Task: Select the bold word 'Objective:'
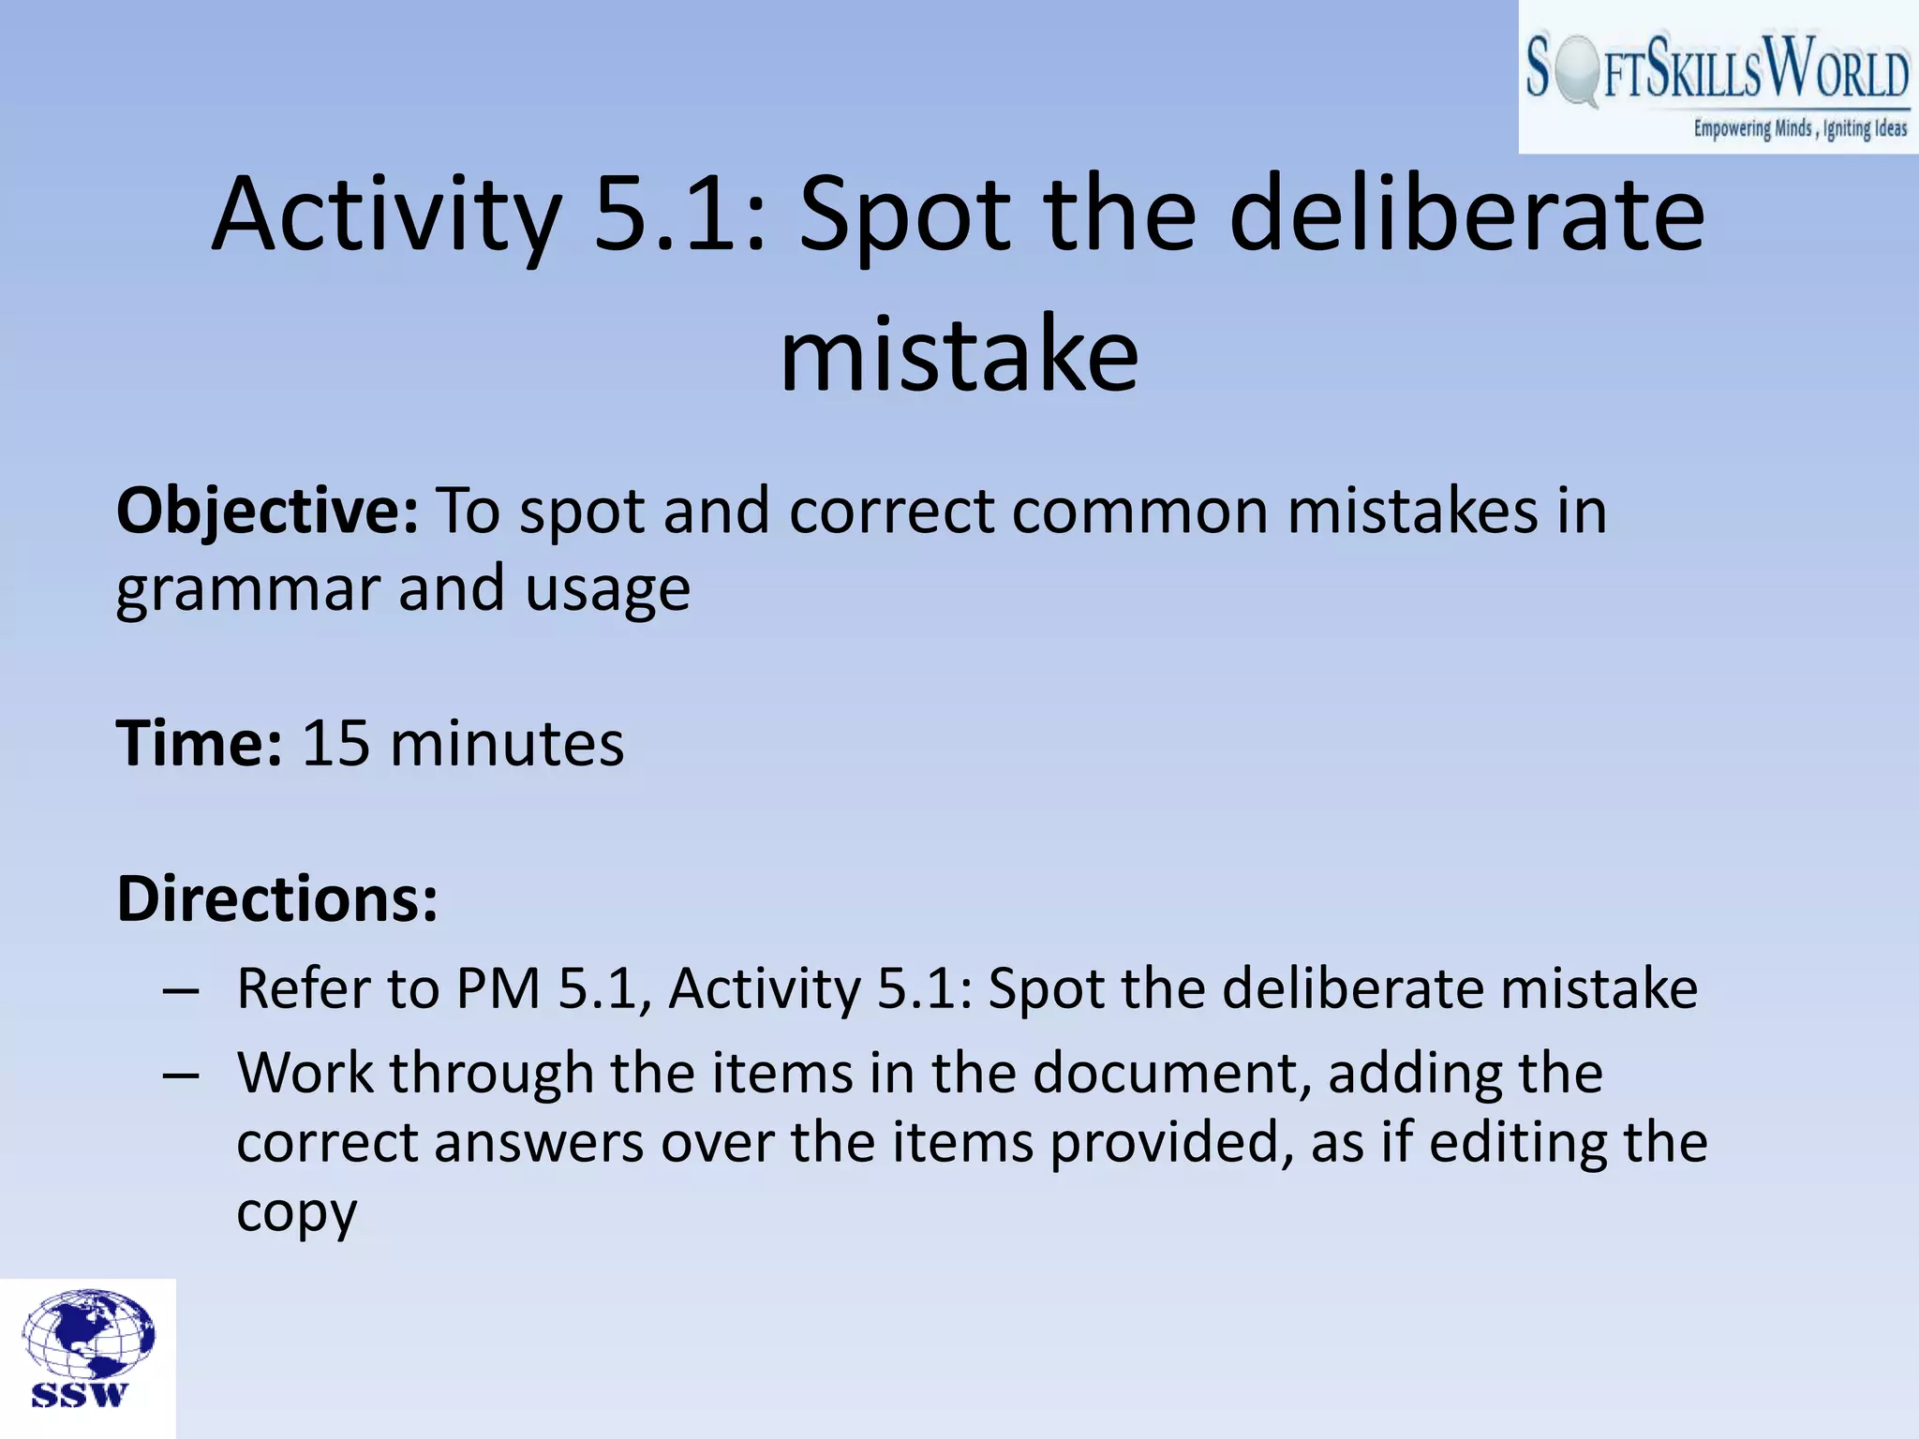coord(267,512)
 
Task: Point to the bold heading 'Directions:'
coord(277,899)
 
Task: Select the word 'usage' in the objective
coord(607,590)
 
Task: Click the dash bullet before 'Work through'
coord(180,1075)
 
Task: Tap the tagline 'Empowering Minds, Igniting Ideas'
coord(1799,129)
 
